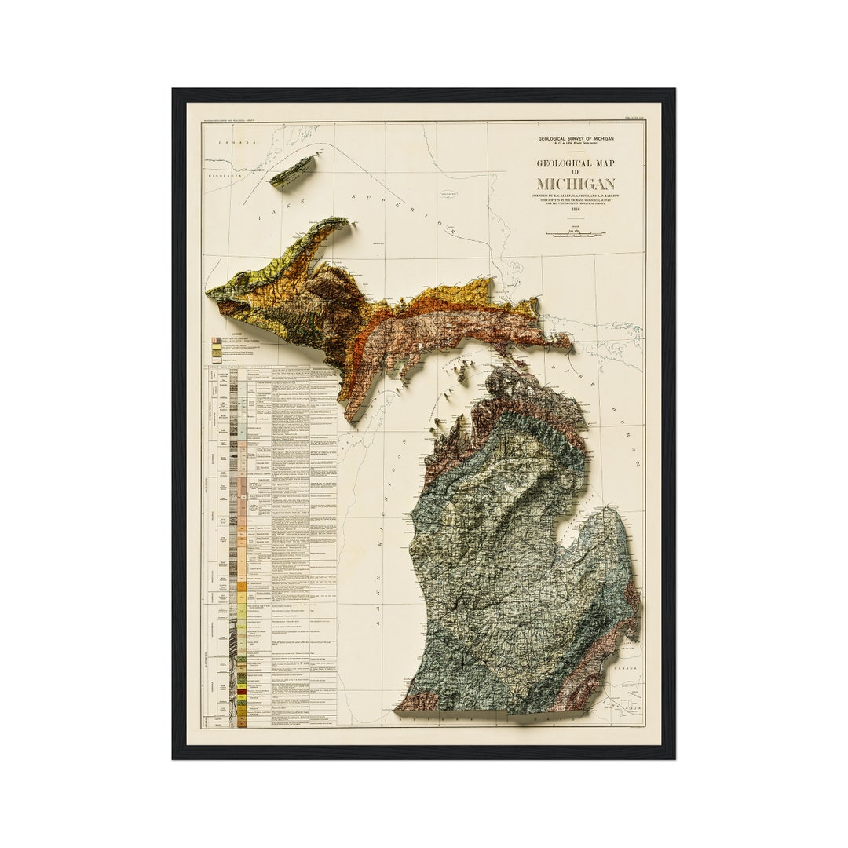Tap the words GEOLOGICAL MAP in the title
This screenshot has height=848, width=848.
click(576, 163)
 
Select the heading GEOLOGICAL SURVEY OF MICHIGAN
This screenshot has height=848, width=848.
click(576, 139)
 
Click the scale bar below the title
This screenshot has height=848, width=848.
click(576, 234)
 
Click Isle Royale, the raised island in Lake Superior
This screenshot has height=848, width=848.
click(293, 170)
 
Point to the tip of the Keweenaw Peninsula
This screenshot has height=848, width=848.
click(345, 222)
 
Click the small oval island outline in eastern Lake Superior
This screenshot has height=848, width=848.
click(448, 193)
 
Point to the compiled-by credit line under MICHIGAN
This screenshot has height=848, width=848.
click(576, 195)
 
